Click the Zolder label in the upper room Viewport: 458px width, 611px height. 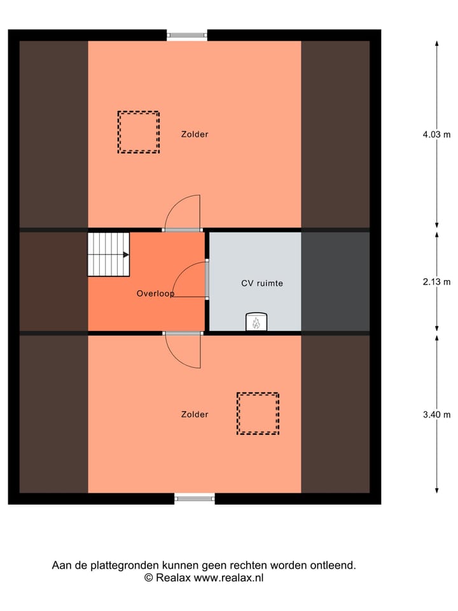pyautogui.click(x=194, y=134)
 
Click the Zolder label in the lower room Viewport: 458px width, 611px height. pyautogui.click(x=194, y=414)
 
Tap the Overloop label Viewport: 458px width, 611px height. pyautogui.click(x=156, y=294)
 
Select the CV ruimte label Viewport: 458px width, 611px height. pyautogui.click(x=262, y=283)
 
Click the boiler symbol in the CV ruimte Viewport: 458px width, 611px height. pyautogui.click(x=256, y=323)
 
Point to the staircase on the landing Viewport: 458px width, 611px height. pyautogui.click(x=108, y=254)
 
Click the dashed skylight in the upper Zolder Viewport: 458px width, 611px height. pyautogui.click(x=138, y=132)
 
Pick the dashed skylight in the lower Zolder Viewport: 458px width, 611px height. pyautogui.click(x=258, y=414)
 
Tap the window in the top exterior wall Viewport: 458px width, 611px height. pyautogui.click(x=187, y=36)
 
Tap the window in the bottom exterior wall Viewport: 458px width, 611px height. pyautogui.click(x=195, y=498)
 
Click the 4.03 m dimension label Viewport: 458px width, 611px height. pyautogui.click(x=436, y=134)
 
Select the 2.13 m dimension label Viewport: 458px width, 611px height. pyautogui.click(x=436, y=282)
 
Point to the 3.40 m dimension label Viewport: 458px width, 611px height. pyautogui.click(x=436, y=415)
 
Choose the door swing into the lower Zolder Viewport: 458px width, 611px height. pyautogui.click(x=183, y=351)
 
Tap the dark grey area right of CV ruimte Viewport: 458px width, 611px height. pyautogui.click(x=335, y=282)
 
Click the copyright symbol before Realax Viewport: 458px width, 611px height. pyautogui.click(x=149, y=578)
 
